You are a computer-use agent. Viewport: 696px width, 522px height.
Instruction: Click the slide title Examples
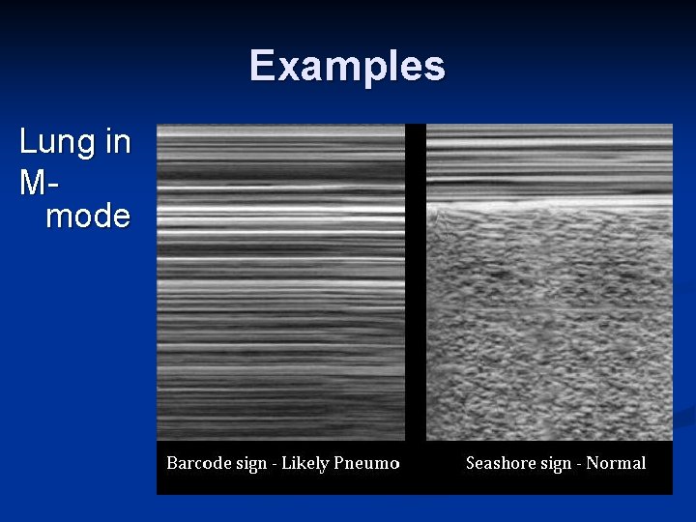coord(347,66)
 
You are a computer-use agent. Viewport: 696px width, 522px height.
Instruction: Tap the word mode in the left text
coord(88,216)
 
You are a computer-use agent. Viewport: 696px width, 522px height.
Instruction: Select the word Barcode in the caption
coord(197,463)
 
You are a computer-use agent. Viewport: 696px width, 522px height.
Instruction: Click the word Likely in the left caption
coord(304,464)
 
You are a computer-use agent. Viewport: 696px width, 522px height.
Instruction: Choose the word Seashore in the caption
coord(499,463)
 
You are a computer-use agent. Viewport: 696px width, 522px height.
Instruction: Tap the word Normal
coord(616,463)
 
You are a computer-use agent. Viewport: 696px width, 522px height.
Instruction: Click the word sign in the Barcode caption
coord(249,464)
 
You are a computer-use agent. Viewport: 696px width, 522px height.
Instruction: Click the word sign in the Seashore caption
coord(555,464)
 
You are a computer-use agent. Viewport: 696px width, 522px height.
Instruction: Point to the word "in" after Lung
coord(117,142)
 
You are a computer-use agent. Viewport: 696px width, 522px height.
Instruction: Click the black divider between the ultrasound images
coord(416,280)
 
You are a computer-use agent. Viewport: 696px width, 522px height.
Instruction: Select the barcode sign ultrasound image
coord(281,280)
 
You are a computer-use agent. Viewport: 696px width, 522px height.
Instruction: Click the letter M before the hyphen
coord(32,180)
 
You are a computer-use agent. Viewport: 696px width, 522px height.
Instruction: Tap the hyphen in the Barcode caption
coord(275,464)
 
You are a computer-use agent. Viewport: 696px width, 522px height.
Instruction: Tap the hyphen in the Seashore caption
coord(579,464)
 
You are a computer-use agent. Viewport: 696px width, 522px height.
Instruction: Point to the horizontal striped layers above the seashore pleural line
coord(549,159)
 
